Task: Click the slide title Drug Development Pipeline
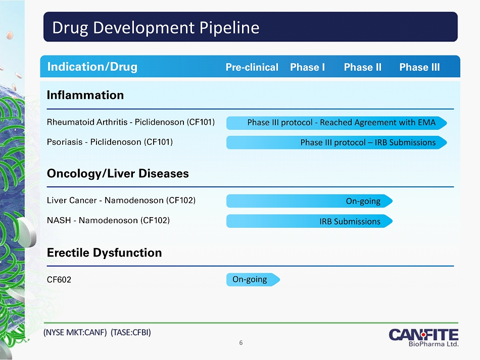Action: point(156,28)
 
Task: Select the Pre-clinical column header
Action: point(252,67)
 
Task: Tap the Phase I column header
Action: point(307,67)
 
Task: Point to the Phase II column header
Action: point(363,67)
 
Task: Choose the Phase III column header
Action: point(419,67)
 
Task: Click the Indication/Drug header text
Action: point(92,67)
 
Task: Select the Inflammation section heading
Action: point(85,95)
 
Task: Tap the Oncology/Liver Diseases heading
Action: point(118,173)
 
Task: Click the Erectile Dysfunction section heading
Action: point(104,252)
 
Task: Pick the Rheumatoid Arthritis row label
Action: point(131,122)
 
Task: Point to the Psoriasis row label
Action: point(110,142)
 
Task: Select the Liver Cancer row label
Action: point(121,200)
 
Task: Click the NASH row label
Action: point(108,220)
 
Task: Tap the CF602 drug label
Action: point(59,280)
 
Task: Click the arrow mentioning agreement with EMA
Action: point(337,123)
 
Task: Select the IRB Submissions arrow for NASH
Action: point(309,221)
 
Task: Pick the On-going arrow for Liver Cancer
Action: point(309,201)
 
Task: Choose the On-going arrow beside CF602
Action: point(253,280)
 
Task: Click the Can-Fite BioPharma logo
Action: point(423,338)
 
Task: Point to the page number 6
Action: point(241,343)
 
